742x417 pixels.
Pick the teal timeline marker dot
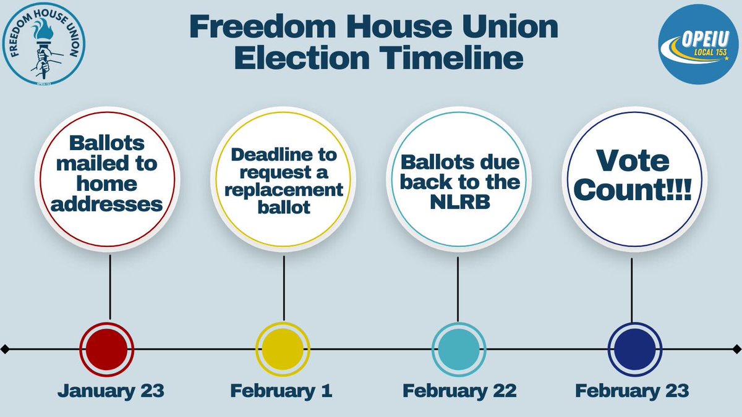(458, 349)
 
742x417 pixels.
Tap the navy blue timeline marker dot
(631, 349)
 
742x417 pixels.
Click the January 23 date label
(111, 391)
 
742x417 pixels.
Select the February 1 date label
(281, 391)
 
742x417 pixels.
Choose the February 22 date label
(459, 391)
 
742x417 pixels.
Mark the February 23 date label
(632, 391)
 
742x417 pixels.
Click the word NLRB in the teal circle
(458, 201)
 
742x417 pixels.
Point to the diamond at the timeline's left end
(5, 350)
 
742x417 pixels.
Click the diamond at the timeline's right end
(737, 350)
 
